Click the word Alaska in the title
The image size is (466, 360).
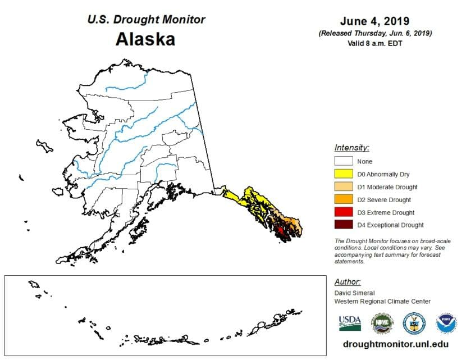[145, 39]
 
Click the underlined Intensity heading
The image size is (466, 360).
[351, 148]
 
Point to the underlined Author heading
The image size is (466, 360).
[347, 282]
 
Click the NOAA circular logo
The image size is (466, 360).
[447, 323]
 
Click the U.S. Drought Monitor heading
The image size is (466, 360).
[145, 20]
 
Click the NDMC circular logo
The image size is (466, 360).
[382, 323]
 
